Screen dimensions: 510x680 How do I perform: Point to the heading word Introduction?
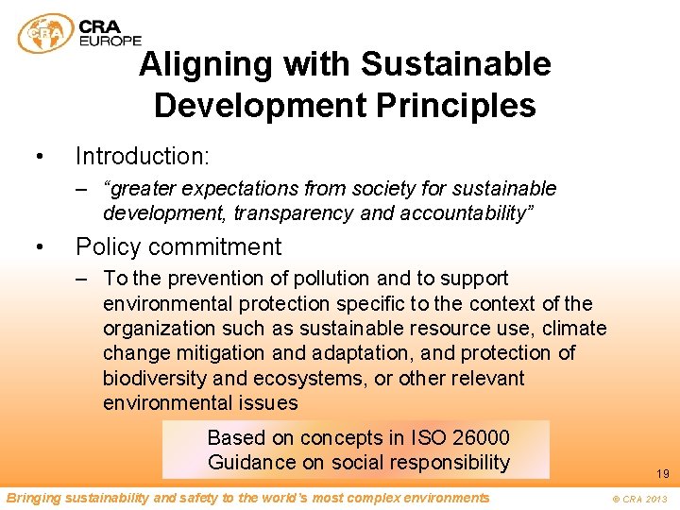click(142, 154)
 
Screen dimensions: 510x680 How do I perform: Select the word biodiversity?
click(156, 379)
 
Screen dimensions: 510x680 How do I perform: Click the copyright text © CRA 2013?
click(638, 499)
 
